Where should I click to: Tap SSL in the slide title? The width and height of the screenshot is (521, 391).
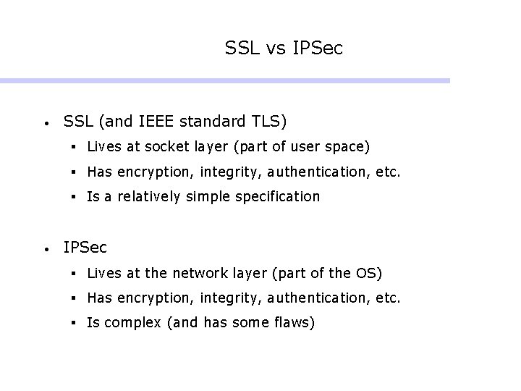pos(242,49)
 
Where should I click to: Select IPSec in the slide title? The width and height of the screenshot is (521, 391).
pos(318,49)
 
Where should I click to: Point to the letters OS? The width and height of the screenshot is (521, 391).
pos(365,273)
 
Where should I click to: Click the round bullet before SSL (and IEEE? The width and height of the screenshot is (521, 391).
pos(46,121)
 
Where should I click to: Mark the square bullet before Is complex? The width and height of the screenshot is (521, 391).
pos(75,323)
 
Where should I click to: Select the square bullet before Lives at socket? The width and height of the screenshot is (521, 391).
pos(75,148)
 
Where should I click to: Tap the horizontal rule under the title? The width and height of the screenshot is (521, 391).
pos(224,80)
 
